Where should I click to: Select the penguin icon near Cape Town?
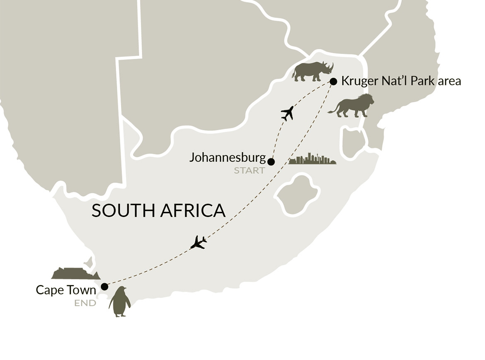click(119, 302)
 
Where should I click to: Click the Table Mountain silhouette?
click(75, 273)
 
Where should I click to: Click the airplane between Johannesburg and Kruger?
click(287, 113)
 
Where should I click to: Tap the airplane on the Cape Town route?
click(198, 242)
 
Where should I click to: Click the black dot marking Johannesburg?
click(271, 162)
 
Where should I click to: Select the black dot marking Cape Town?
click(104, 287)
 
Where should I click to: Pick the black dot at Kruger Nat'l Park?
click(333, 81)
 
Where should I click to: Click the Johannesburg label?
click(227, 158)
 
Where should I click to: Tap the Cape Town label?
click(66, 290)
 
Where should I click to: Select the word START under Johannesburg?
click(249, 170)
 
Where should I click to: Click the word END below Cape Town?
click(85, 303)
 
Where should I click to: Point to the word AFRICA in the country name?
click(193, 211)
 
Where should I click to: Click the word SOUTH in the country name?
click(123, 211)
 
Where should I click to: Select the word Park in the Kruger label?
click(422, 81)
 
